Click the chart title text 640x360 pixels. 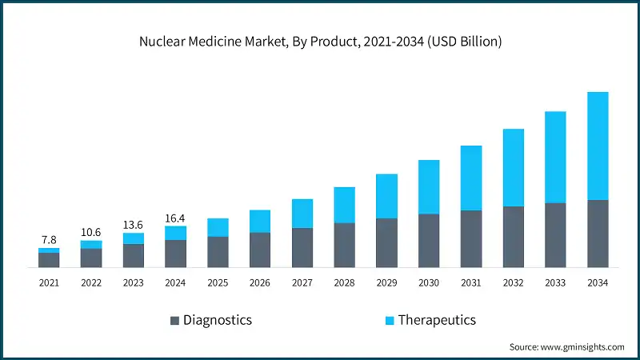319,42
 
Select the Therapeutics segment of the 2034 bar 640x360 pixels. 598,146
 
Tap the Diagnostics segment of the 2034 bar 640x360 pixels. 598,233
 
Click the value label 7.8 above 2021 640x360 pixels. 49,239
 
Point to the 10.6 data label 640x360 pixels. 91,232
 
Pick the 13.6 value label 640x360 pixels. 134,224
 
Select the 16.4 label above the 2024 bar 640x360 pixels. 175,217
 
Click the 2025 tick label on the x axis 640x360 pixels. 218,282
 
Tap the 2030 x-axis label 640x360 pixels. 429,282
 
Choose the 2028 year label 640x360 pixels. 344,282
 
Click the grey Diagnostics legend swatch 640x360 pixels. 174,321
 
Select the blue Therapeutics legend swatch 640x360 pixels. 390,321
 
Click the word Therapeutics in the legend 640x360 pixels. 438,320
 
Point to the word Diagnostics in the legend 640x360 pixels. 218,320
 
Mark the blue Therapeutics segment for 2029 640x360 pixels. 386,196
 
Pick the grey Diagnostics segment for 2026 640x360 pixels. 260,250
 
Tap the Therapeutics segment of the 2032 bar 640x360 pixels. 513,167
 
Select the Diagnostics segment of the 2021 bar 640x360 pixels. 49,259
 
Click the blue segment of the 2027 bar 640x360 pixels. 302,214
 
